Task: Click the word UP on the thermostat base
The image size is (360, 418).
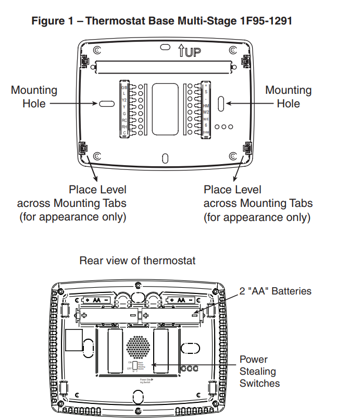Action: [x=192, y=52]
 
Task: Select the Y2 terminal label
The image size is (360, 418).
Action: [x=124, y=100]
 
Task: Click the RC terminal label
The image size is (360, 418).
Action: [x=124, y=120]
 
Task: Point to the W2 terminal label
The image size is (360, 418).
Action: [x=206, y=112]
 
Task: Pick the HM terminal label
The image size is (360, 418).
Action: [x=206, y=105]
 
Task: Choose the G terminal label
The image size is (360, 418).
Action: [x=124, y=113]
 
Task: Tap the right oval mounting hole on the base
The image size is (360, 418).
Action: [x=221, y=103]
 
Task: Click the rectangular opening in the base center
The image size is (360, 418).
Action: [x=165, y=108]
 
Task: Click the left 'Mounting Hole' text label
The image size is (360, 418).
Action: [x=34, y=97]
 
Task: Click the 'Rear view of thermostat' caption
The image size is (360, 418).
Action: [x=138, y=260]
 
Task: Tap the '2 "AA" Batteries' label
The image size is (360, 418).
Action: [x=275, y=291]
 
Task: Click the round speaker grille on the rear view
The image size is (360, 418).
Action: [x=138, y=346]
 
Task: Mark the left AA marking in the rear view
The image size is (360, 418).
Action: [x=97, y=300]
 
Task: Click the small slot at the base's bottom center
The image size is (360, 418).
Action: [x=165, y=158]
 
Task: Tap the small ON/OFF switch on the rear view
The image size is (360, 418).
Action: [x=135, y=365]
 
